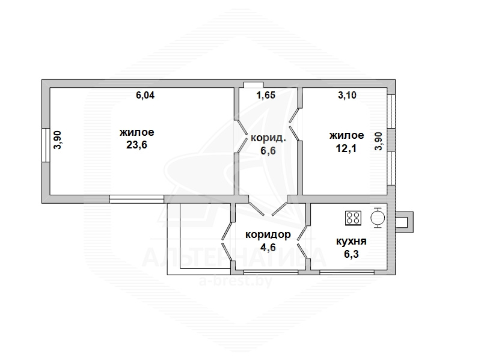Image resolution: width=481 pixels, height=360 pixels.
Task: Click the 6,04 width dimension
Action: tap(146, 96)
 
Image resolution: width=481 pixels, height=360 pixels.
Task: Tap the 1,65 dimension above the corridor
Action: tap(266, 96)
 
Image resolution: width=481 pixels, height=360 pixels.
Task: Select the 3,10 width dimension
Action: tap(348, 96)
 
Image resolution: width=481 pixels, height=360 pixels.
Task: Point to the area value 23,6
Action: tap(137, 145)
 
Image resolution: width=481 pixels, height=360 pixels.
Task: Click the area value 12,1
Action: tap(346, 148)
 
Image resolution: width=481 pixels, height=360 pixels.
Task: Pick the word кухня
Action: tap(352, 242)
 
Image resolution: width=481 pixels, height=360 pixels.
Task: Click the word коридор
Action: tap(268, 235)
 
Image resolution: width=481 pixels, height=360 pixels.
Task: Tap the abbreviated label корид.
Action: tap(268, 138)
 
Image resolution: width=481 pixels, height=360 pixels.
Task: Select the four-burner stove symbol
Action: tap(353, 218)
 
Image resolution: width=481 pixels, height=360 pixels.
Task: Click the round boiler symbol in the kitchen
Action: tap(378, 218)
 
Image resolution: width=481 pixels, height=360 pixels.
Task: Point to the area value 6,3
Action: tap(352, 254)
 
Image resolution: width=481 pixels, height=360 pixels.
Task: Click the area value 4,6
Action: tap(268, 247)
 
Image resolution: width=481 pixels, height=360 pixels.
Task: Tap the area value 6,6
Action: tap(268, 151)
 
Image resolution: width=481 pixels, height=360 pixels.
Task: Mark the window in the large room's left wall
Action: tap(46, 145)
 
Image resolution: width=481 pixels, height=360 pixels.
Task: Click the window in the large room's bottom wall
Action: tap(137, 199)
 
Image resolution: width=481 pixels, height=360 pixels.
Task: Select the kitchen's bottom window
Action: tap(347, 272)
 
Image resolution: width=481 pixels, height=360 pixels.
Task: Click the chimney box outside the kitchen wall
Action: tap(404, 222)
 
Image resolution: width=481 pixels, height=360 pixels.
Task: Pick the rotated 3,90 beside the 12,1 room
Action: tap(379, 141)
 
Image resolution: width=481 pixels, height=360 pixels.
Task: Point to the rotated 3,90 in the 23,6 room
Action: tap(58, 140)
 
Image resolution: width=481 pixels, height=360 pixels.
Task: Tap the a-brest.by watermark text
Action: tap(236, 281)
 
